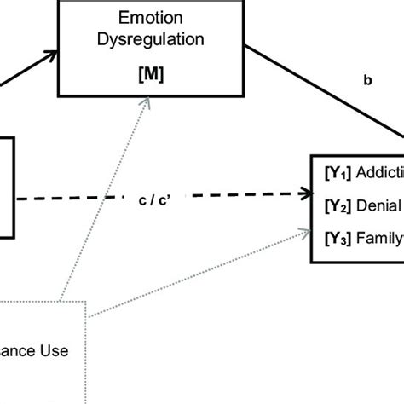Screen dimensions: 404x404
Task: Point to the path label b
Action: click(368, 82)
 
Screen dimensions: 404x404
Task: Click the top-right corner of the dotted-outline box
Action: click(85, 302)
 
